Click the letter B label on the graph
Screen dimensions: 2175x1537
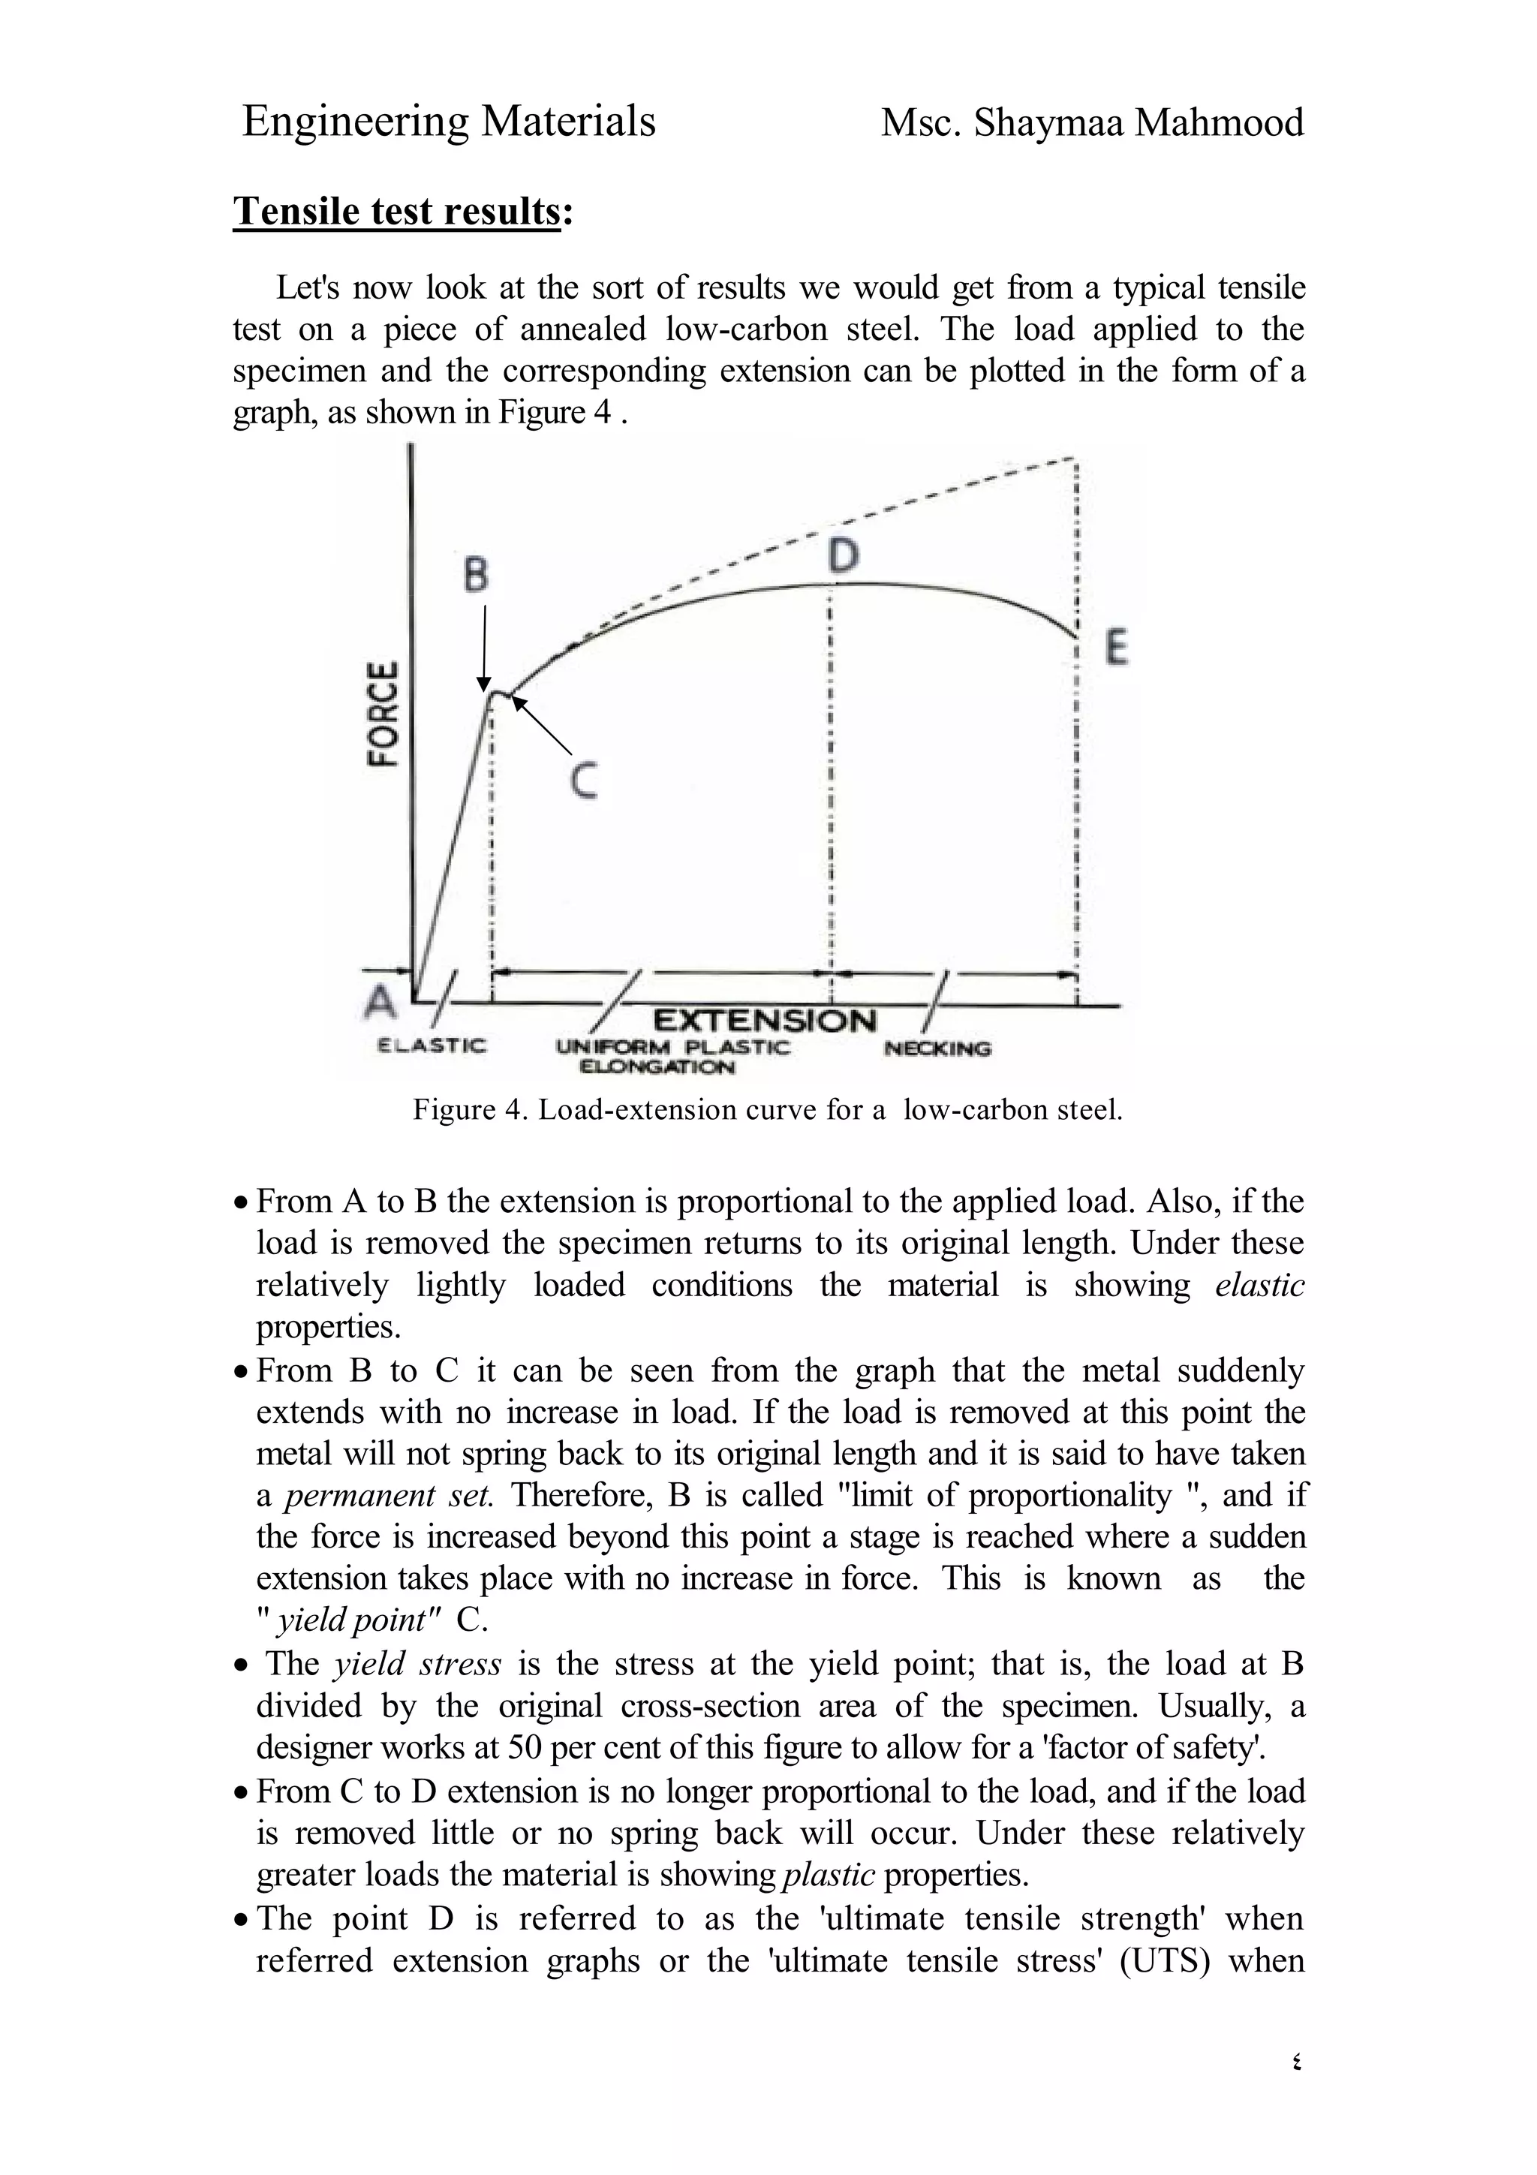pyautogui.click(x=477, y=574)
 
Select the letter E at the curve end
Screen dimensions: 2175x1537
pyautogui.click(x=1117, y=649)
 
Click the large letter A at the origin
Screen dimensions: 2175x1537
pyautogui.click(x=380, y=1001)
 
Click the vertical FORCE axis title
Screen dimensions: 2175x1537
pyautogui.click(x=383, y=712)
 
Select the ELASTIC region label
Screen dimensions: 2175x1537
pyautogui.click(x=432, y=1045)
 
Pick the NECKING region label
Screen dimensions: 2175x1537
pyautogui.click(x=937, y=1048)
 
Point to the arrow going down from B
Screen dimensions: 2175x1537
pyautogui.click(x=484, y=649)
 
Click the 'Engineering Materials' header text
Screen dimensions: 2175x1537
pyautogui.click(x=449, y=122)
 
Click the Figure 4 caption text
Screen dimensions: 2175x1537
pyautogui.click(x=767, y=1109)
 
